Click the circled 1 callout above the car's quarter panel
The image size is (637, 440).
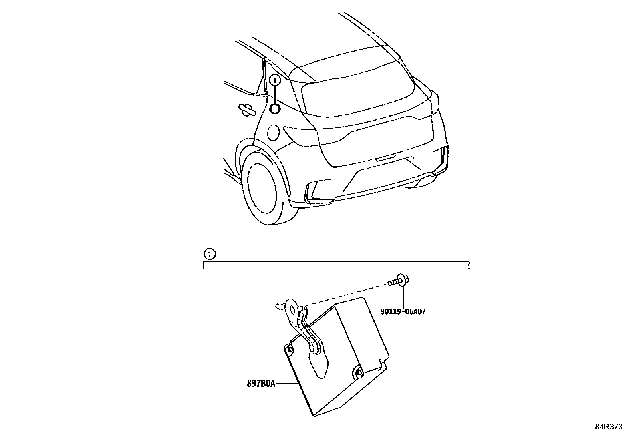(274, 80)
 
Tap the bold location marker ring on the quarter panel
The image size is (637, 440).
(275, 108)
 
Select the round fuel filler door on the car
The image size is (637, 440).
(274, 133)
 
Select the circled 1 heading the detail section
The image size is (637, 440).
(209, 254)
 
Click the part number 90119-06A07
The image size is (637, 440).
(403, 311)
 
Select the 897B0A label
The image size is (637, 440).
(261, 384)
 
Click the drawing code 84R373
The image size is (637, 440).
(608, 427)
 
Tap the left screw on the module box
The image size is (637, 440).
(289, 350)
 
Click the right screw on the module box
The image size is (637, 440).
(359, 373)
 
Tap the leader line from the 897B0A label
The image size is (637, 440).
(287, 384)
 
